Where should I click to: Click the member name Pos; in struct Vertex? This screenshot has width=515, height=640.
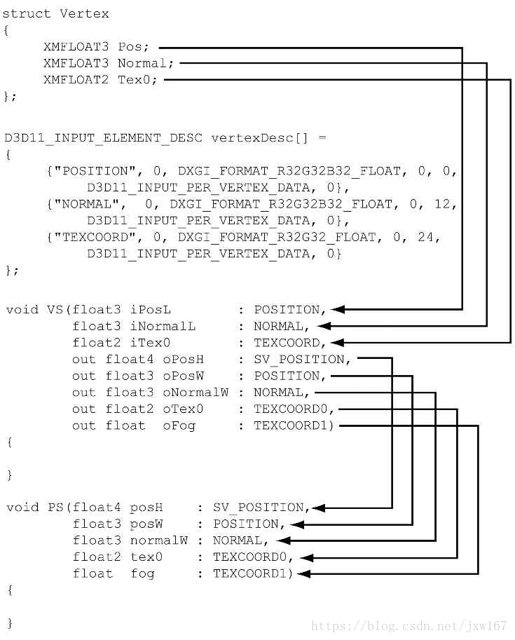[x=133, y=47]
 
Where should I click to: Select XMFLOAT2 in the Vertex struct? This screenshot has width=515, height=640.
[x=76, y=80]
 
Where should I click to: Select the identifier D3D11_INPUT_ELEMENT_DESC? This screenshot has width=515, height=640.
[x=104, y=138]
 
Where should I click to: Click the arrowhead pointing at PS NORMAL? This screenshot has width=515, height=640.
[x=281, y=540]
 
